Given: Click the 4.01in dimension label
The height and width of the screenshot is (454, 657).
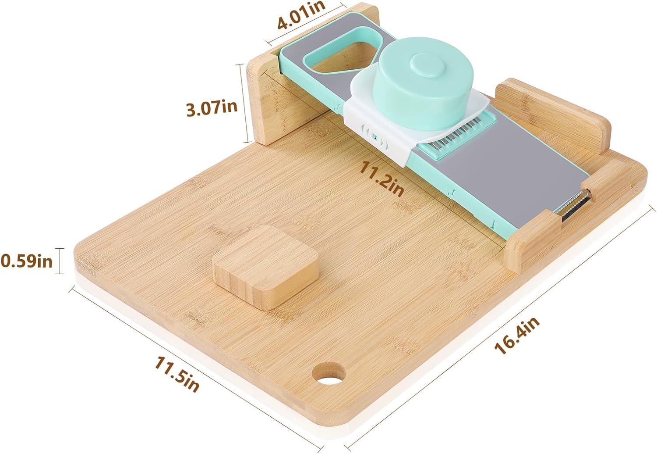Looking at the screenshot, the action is click(x=301, y=15).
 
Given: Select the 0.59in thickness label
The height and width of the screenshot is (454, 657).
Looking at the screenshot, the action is click(x=26, y=261).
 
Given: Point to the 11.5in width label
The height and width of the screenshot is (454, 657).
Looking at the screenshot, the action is click(x=177, y=374).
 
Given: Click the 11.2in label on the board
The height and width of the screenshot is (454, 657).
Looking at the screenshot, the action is click(x=381, y=179).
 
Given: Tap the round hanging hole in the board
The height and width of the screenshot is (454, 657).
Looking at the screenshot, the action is click(x=329, y=373).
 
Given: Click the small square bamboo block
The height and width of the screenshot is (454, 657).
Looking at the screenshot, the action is click(x=265, y=267).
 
